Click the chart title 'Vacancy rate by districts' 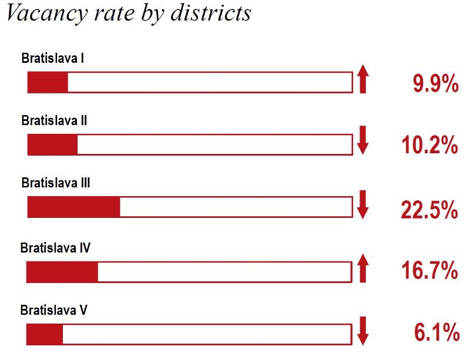click(128, 13)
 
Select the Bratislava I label click(54, 59)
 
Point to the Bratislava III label click(56, 183)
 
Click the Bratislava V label click(54, 309)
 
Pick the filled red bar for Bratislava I click(48, 82)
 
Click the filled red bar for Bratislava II click(53, 144)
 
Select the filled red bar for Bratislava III click(74, 207)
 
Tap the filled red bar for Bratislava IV click(63, 271)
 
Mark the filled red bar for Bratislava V click(45, 334)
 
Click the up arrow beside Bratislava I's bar click(362, 80)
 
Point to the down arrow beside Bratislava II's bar click(362, 142)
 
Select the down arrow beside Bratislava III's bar click(362, 204)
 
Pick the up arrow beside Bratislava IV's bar click(362, 268)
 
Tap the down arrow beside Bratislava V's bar click(362, 331)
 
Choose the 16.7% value click(429, 271)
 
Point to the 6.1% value click(436, 333)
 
